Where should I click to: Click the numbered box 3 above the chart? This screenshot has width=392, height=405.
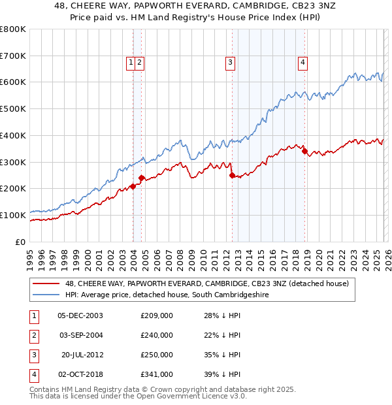[x=231, y=63]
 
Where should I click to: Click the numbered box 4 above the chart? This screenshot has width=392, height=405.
[x=303, y=63]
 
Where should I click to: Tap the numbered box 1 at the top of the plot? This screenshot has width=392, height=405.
[x=131, y=63]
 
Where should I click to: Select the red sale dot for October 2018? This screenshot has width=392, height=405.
[x=304, y=151]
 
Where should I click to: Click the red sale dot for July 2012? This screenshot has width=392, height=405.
[x=232, y=175]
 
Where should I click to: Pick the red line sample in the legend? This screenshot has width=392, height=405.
[x=46, y=283]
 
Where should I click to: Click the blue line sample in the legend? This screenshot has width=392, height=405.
[x=46, y=295]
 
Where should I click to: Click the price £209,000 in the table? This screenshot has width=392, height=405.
[x=157, y=316]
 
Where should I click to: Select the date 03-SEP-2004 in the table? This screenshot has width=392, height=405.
[x=82, y=335]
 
